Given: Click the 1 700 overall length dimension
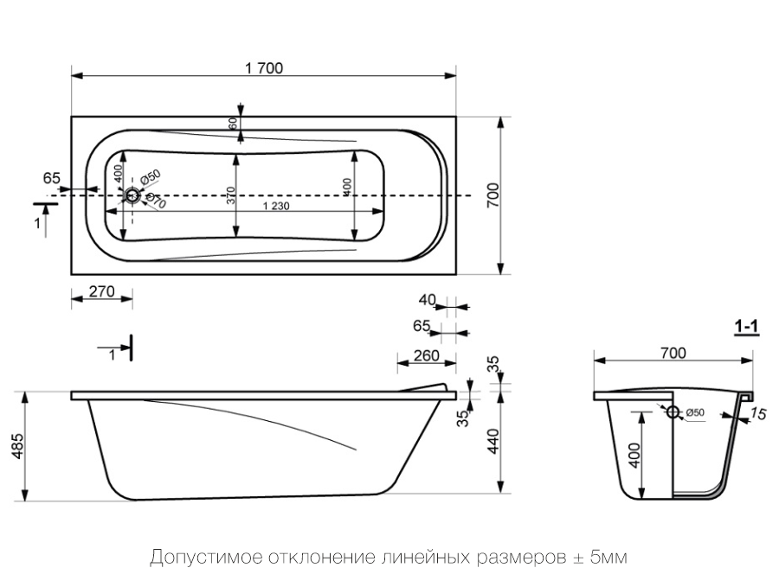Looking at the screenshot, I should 264,68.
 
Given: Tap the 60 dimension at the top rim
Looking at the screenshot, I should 233,123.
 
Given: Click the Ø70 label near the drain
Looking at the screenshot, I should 156,202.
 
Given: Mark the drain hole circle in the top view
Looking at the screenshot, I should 132,196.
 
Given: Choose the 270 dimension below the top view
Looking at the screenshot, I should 102,291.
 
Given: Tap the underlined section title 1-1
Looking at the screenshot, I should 746,327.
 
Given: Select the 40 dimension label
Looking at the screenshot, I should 427,300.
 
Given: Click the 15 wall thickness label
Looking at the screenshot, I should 758,415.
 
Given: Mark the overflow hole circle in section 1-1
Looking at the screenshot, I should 673,413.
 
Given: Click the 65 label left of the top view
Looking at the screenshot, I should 52,178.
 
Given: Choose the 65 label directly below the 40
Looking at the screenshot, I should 422,326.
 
